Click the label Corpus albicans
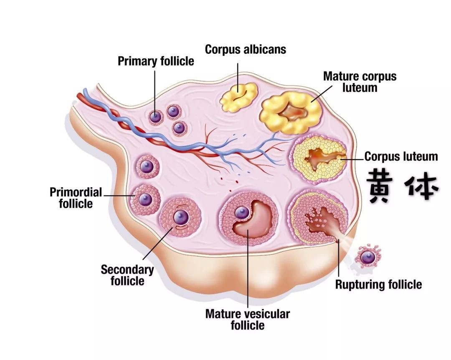[x=246, y=49]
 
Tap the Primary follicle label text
[x=156, y=61]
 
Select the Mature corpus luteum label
[x=360, y=82]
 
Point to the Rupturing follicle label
[x=378, y=284]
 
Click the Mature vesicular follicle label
[x=248, y=320]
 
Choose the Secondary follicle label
[x=127, y=275]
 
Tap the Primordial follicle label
[x=76, y=198]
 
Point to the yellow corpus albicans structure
[x=238, y=97]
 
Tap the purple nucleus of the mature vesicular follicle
[x=242, y=213]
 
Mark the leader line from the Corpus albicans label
[x=238, y=78]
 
